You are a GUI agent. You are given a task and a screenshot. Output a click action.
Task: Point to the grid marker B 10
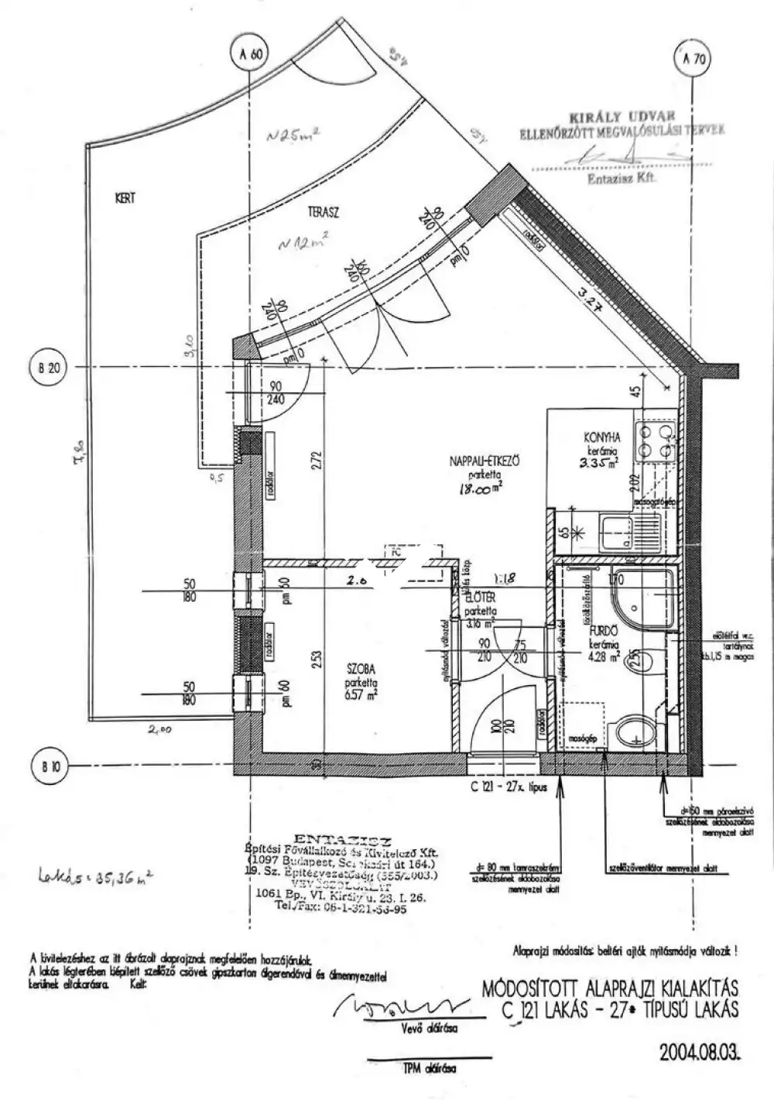click(49, 767)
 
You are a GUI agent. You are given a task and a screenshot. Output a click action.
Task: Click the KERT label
click(125, 199)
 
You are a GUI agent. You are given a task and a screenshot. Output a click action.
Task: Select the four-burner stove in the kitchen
click(655, 440)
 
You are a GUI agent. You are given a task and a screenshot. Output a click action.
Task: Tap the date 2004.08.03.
click(701, 1053)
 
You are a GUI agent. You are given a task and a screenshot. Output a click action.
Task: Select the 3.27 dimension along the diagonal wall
click(591, 297)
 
